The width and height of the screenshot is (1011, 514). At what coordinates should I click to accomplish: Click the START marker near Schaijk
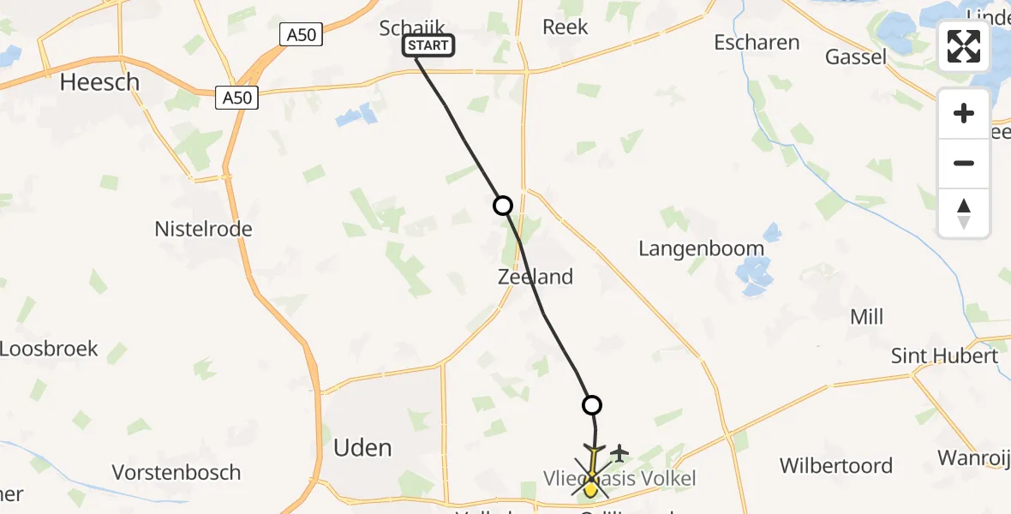[x=428, y=45]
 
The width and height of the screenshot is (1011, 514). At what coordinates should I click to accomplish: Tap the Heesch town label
[x=99, y=82]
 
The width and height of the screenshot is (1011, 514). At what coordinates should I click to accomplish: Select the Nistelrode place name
[x=203, y=230]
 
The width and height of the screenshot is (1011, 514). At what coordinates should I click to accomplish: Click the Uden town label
[x=362, y=447]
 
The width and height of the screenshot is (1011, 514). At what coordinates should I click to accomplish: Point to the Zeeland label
[x=535, y=277]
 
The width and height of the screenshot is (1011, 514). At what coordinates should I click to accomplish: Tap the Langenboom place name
[x=701, y=249]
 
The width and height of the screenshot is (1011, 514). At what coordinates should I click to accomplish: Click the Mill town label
[x=866, y=318]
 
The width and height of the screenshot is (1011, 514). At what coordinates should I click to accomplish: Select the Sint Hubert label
[x=944, y=356]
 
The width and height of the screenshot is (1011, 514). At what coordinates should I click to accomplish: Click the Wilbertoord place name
[x=836, y=466]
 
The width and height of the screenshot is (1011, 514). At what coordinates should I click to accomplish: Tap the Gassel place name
[x=856, y=57]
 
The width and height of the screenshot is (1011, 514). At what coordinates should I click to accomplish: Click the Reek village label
[x=565, y=27]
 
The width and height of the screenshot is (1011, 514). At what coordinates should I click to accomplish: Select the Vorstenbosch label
[x=176, y=473]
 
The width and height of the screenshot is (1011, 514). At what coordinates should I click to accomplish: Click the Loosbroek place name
[x=49, y=350]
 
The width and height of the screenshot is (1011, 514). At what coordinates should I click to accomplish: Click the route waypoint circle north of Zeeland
[x=503, y=206]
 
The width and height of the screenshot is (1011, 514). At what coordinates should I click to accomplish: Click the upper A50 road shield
[x=301, y=35]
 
